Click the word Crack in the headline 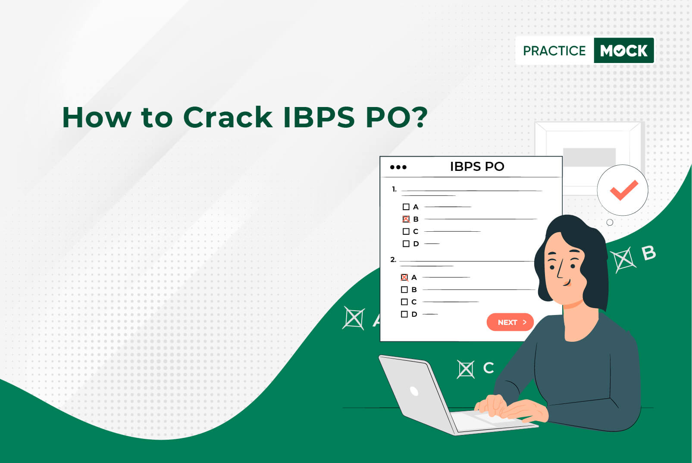pyautogui.click(x=228, y=117)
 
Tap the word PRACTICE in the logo pyautogui.click(x=554, y=51)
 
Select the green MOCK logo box pyautogui.click(x=624, y=50)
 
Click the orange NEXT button pyautogui.click(x=510, y=322)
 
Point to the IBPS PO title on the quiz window pyautogui.click(x=477, y=167)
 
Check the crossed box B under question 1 pyautogui.click(x=406, y=219)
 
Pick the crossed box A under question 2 pyautogui.click(x=404, y=277)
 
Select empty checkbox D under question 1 pyautogui.click(x=406, y=243)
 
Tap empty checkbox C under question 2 pyautogui.click(x=404, y=302)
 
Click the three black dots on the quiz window pyautogui.click(x=398, y=167)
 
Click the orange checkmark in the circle pyautogui.click(x=624, y=190)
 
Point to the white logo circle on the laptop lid pyautogui.click(x=414, y=391)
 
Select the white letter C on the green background pyautogui.click(x=488, y=368)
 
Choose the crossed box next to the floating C pyautogui.click(x=466, y=369)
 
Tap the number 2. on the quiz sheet pyautogui.click(x=393, y=259)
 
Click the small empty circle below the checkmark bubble pyautogui.click(x=610, y=223)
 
